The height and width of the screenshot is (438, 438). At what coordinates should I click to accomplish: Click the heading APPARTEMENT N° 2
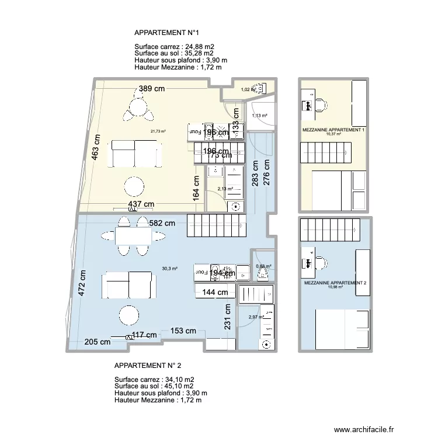coord(148,366)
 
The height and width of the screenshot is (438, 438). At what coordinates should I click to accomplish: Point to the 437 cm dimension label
coord(141,204)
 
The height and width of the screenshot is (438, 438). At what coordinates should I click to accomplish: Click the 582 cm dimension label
coord(162,223)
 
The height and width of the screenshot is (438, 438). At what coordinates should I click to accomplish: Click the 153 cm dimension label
coord(183,331)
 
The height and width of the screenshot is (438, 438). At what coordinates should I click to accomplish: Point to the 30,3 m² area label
coord(171,269)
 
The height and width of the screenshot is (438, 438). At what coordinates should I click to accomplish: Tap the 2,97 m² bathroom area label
coord(256,317)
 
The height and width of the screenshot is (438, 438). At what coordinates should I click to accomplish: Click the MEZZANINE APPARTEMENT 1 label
coord(333,130)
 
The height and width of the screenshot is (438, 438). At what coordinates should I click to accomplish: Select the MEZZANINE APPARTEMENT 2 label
coord(335,283)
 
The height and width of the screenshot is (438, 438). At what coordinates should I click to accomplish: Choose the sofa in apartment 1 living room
coord(135,154)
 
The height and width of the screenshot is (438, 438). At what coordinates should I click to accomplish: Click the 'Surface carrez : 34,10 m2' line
coord(154,379)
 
